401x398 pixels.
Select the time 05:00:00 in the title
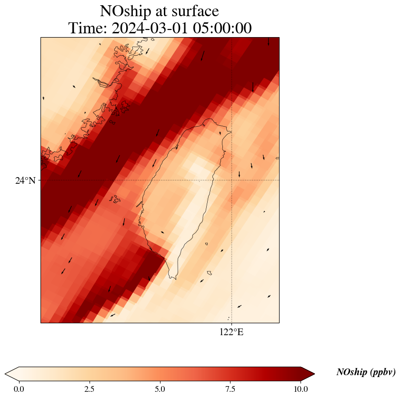click(222, 28)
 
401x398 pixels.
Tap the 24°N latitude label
click(25, 180)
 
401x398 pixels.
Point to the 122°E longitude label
click(231, 332)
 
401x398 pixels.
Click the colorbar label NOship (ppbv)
click(366, 372)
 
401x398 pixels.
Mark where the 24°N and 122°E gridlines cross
click(231, 180)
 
